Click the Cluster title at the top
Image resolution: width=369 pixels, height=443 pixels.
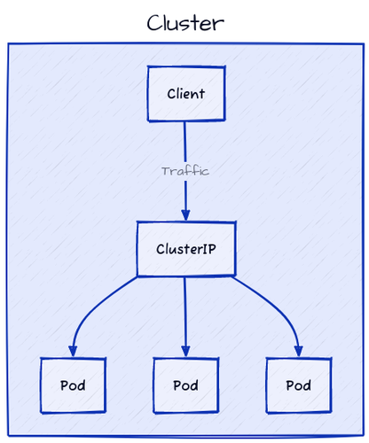(x=185, y=23)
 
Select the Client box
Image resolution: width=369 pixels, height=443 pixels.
(x=185, y=94)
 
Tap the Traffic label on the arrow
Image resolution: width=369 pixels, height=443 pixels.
(x=185, y=171)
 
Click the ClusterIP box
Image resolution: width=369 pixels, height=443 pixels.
(x=185, y=249)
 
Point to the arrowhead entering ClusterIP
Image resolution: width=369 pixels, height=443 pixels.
(x=185, y=215)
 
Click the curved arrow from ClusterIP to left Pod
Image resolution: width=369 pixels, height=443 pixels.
(x=93, y=306)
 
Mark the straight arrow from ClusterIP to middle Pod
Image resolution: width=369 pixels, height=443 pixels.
(x=185, y=310)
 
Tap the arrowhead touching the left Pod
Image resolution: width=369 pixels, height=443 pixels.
(x=73, y=352)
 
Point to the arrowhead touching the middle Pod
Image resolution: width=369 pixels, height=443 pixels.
(x=185, y=352)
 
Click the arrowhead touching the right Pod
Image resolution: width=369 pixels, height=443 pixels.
(x=298, y=352)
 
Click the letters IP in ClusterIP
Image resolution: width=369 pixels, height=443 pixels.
(x=208, y=249)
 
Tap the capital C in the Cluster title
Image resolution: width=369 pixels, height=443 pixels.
(x=155, y=23)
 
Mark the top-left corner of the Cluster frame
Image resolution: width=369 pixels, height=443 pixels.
(x=9, y=43)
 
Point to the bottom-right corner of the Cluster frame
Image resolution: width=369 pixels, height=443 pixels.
(x=361, y=436)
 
